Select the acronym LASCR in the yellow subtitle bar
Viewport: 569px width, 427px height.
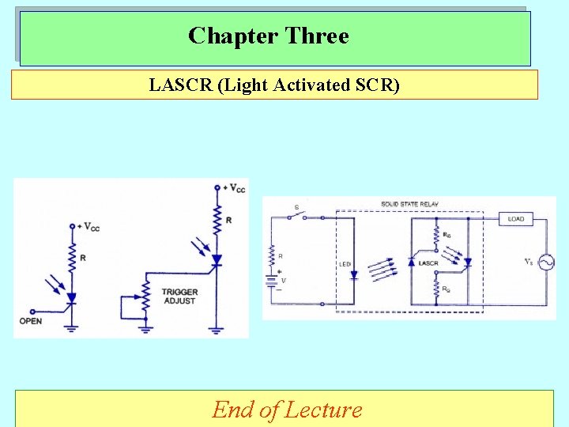(180, 85)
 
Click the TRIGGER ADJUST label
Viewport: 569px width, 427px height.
(181, 297)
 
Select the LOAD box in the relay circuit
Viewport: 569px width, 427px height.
(516, 218)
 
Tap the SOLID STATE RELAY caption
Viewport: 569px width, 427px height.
(409, 204)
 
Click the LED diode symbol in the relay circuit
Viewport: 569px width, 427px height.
(353, 275)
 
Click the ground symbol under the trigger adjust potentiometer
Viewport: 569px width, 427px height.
(146, 326)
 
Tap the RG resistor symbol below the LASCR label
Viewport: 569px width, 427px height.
(436, 289)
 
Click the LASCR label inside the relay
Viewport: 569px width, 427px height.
(428, 263)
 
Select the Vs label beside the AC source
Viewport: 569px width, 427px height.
(529, 261)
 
